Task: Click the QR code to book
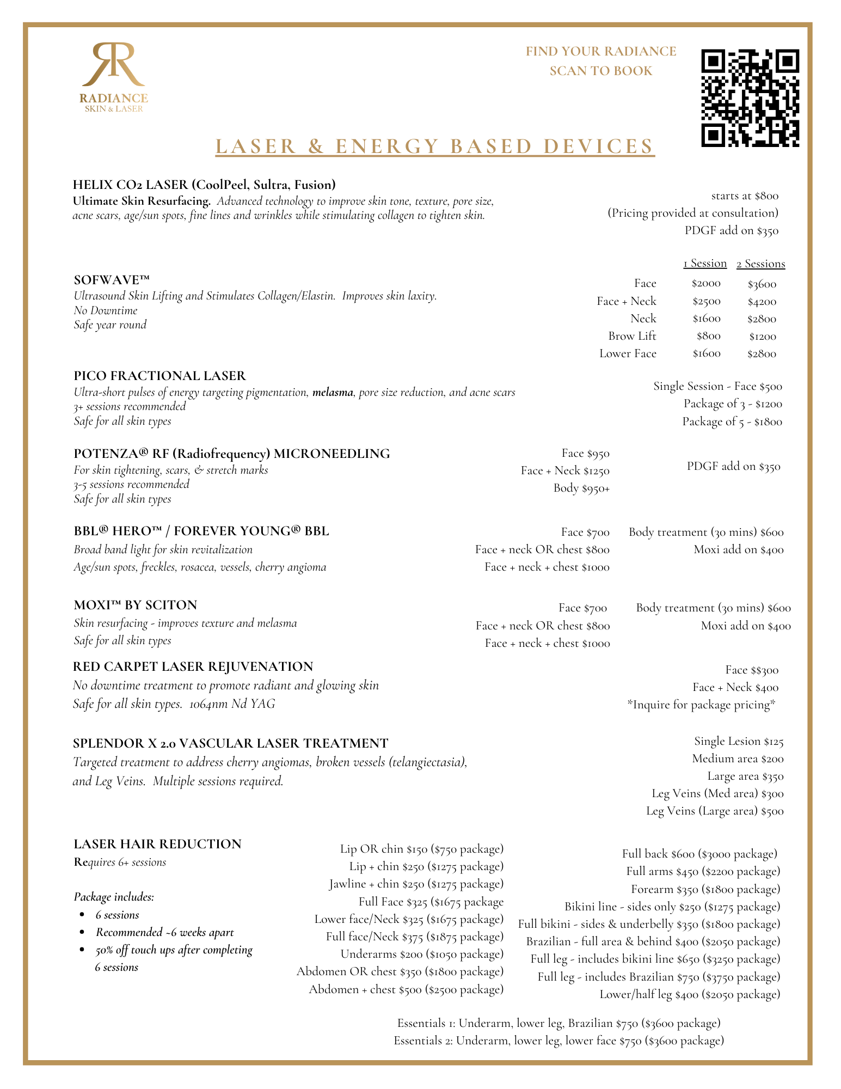[750, 98]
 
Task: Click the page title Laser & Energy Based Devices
[434, 146]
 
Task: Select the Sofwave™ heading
[112, 280]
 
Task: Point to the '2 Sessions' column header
[760, 264]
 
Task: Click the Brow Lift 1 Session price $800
[708, 336]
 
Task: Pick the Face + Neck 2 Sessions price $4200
[762, 302]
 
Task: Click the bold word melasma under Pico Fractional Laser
[333, 392]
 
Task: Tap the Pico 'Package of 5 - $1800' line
[732, 421]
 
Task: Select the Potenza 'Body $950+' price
[581, 488]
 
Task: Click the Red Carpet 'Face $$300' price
[752, 670]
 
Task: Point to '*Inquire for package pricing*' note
[701, 705]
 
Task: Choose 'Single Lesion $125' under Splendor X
[739, 741]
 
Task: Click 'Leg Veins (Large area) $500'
[715, 811]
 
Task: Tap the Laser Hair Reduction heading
[157, 844]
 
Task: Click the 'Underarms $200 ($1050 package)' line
[422, 954]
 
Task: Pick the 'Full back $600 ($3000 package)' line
[699, 854]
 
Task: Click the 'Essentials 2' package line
[558, 1041]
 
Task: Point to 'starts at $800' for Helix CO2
[745, 195]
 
